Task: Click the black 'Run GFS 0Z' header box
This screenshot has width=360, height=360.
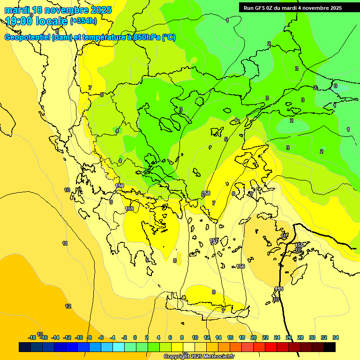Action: click(x=292, y=8)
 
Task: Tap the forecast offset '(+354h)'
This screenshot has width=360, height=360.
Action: click(x=83, y=21)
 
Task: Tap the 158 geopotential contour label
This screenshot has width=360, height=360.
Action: click(x=206, y=193)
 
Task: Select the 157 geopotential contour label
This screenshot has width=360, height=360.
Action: click(x=214, y=240)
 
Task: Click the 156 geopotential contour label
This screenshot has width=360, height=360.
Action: click(x=240, y=266)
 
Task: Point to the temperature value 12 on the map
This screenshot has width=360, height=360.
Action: click(x=68, y=306)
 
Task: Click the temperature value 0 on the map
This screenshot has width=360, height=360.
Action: click(x=335, y=86)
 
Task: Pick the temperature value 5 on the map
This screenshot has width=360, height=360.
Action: click(x=226, y=139)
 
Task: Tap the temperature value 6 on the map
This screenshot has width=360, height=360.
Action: click(x=102, y=95)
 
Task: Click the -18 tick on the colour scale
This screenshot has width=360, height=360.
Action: click(x=32, y=337)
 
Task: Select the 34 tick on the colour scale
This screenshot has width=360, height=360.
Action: click(x=336, y=337)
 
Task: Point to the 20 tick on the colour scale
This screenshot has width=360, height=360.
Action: click(x=254, y=337)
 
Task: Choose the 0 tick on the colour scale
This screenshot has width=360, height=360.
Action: click(x=135, y=337)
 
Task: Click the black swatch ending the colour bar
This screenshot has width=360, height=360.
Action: click(x=330, y=347)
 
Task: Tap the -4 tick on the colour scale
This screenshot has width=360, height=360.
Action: click(x=112, y=337)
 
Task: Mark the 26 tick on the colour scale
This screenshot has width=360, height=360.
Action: click(x=289, y=337)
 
